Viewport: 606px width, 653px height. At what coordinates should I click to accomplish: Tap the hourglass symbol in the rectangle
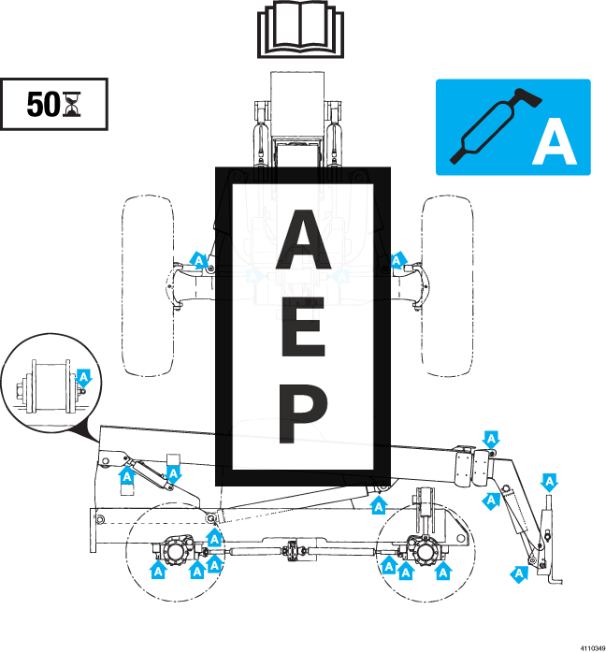(72, 104)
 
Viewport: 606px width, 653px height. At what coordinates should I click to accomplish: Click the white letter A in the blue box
(554, 146)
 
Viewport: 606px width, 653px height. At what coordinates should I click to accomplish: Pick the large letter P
(302, 414)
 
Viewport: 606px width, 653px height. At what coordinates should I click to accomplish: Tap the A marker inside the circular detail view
(83, 378)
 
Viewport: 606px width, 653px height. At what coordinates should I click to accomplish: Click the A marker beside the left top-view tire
(198, 261)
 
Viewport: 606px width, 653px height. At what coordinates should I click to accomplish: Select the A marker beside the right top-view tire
(397, 260)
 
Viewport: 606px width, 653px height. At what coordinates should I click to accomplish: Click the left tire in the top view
(148, 285)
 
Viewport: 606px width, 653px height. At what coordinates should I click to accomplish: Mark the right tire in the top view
(447, 285)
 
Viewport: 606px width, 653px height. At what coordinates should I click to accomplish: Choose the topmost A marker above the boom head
(491, 439)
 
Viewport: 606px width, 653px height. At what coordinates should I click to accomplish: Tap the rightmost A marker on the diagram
(550, 483)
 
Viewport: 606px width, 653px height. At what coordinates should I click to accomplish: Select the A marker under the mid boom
(379, 506)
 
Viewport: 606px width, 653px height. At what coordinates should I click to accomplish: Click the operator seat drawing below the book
(297, 117)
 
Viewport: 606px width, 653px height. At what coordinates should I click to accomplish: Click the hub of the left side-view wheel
(175, 549)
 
